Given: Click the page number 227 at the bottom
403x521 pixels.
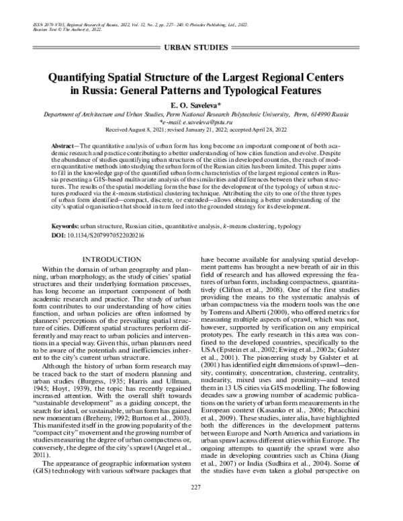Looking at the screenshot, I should point(201,505).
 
